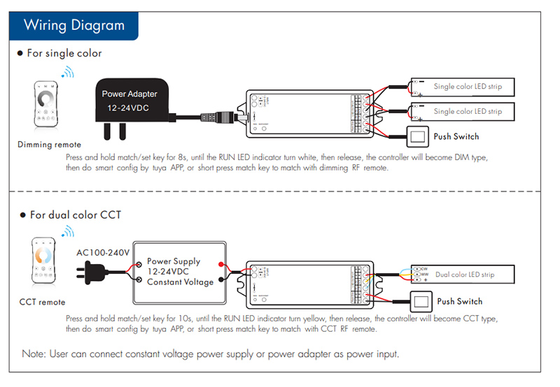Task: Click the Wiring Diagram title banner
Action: pos(73,26)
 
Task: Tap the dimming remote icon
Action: pos(48,103)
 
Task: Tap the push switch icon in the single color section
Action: pos(418,136)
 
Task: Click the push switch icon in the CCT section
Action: pos(422,302)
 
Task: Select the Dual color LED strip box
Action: pos(463,275)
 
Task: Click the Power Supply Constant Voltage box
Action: pos(181,271)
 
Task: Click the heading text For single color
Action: pos(64,53)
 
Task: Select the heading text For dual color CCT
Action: pos(75,214)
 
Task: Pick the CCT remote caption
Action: pos(43,302)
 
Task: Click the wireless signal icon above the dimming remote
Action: pos(67,73)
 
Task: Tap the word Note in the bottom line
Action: pos(34,354)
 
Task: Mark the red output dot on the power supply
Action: pos(220,264)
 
